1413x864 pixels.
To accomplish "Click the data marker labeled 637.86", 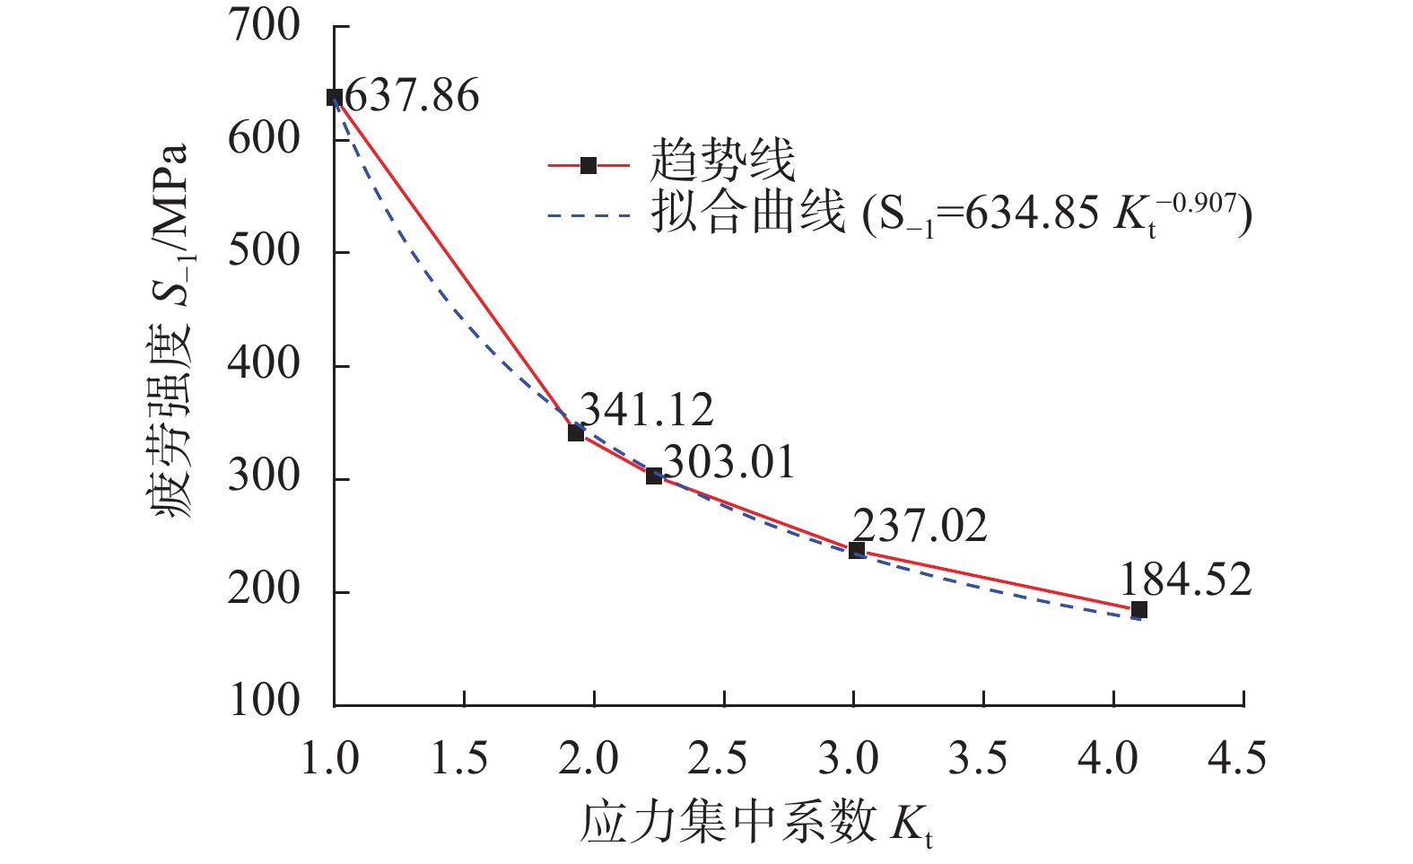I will click(335, 97).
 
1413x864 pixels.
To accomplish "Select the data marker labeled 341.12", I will click(576, 432).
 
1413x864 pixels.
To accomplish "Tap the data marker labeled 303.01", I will click(654, 476).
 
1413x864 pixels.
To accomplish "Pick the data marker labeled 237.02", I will click(857, 549).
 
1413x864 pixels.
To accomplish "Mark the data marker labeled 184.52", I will click(1139, 609).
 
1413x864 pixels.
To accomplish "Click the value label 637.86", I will click(412, 95).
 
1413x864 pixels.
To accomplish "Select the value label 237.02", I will click(920, 526).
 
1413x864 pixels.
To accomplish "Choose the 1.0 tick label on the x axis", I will click(330, 759).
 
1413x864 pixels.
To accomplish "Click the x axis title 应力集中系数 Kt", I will click(757, 823).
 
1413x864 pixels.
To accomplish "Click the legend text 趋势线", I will click(722, 162).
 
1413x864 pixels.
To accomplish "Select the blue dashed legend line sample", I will click(589, 215).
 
